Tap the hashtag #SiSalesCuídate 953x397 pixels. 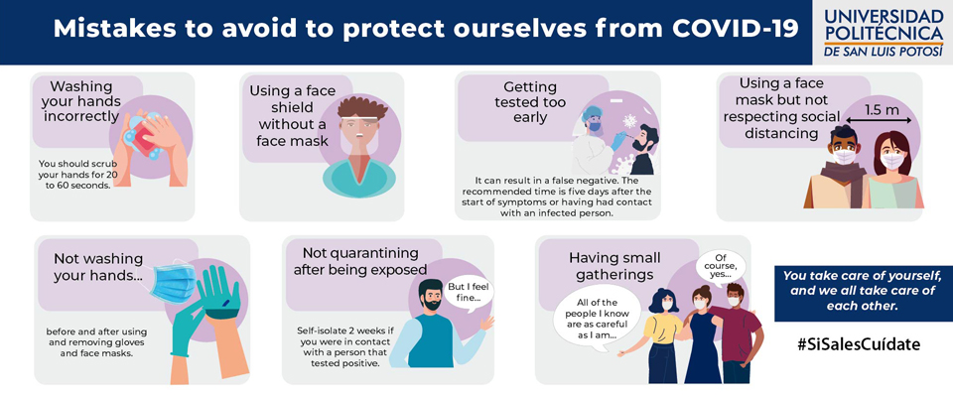click(x=859, y=344)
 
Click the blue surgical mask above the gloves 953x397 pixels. click(x=172, y=282)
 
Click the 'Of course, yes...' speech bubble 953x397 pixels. click(x=721, y=267)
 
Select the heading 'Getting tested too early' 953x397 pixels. click(x=530, y=102)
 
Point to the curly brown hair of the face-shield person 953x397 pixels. click(x=363, y=107)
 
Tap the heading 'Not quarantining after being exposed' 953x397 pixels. click(x=361, y=260)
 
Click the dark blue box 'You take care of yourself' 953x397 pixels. click(x=862, y=291)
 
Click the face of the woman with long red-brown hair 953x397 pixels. click(x=891, y=155)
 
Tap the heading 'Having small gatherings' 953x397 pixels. click(x=614, y=266)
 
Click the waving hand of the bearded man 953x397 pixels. click(x=486, y=324)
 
